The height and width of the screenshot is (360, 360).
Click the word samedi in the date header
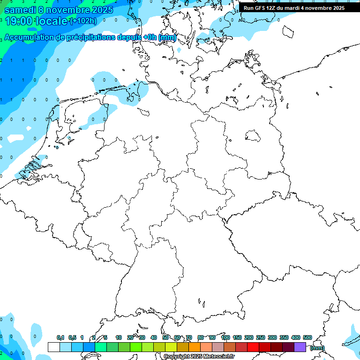(x=21, y=9)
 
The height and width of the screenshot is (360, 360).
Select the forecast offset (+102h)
(x=83, y=21)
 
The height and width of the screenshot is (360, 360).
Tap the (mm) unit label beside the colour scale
(x=317, y=348)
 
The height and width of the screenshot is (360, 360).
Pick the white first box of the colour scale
(x=54, y=347)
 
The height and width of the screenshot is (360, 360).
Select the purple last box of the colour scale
(x=300, y=347)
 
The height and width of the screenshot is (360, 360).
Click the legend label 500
(x=307, y=337)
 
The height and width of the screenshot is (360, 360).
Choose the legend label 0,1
(x=60, y=337)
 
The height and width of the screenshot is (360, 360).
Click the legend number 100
(x=225, y=337)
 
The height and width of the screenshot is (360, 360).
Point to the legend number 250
(x=260, y=337)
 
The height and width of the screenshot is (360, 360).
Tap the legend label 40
(x=154, y=337)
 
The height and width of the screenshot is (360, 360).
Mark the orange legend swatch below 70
(x=195, y=347)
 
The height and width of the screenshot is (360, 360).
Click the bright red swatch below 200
(x=253, y=347)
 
